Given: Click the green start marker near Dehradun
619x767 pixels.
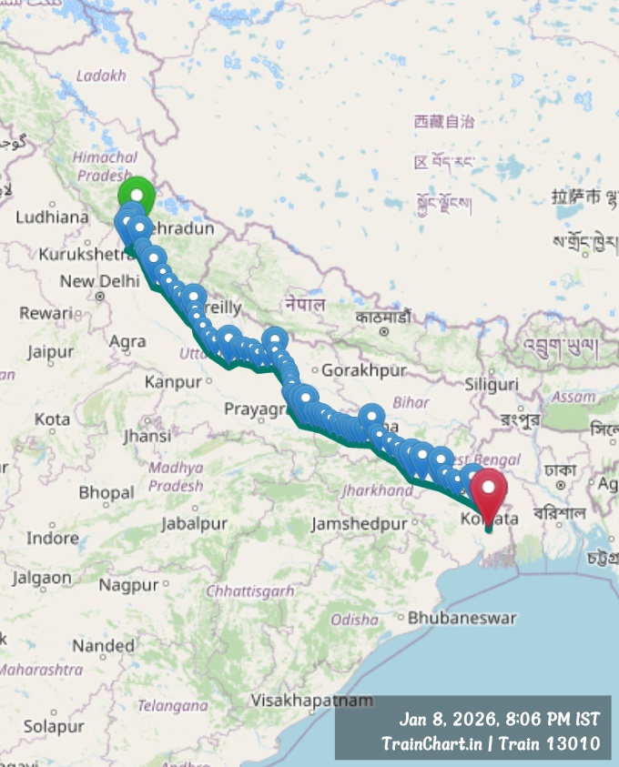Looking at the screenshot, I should pos(137,194).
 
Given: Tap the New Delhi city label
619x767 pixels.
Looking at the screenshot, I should pos(90,281).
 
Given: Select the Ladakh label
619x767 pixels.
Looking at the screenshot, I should pos(101,76).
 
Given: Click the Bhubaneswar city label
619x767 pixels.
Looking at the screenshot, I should pos(462,618).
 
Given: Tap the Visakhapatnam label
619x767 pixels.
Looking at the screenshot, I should pos(311,701).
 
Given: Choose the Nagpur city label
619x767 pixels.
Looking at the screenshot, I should pos(128,585).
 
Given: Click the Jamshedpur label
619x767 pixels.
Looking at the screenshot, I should pos(359,524).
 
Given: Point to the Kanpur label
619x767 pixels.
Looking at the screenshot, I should pos(172,383).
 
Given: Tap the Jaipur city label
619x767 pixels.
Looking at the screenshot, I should pos(50,351).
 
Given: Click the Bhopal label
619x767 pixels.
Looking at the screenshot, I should pos(107,493).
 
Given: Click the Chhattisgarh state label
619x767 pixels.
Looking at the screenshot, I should pos(251,591).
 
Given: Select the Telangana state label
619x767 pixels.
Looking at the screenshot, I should pos(173,706).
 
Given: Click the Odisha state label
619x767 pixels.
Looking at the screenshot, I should pos(354,620).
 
